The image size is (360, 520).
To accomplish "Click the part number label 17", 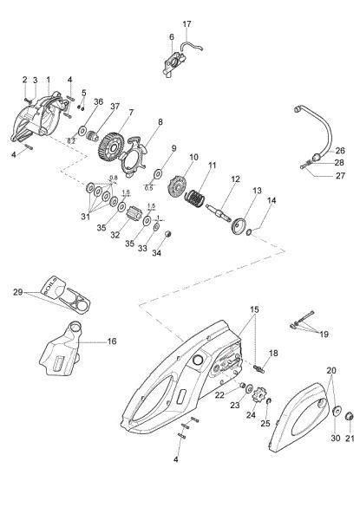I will tap(187, 23).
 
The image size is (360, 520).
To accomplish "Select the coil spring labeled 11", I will tap(199, 202).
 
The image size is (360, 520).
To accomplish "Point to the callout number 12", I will tap(233, 179).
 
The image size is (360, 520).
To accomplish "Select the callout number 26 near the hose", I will tap(339, 150).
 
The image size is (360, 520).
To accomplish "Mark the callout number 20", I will tap(330, 369).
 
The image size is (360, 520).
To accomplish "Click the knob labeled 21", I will tap(350, 419).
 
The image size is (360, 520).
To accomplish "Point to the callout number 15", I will tap(254, 309).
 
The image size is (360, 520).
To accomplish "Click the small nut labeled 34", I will tap(155, 239).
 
